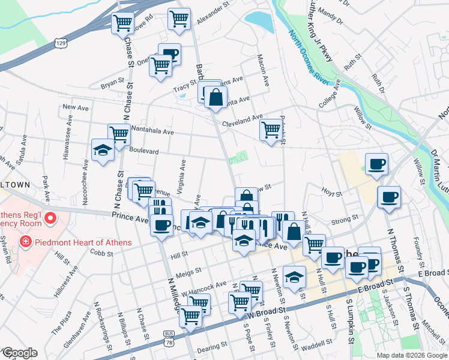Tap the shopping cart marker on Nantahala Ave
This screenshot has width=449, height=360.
(119, 134)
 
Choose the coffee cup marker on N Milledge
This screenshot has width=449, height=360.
(161, 225)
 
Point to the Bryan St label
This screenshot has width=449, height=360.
(112, 85)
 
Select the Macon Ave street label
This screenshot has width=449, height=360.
(262, 67)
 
